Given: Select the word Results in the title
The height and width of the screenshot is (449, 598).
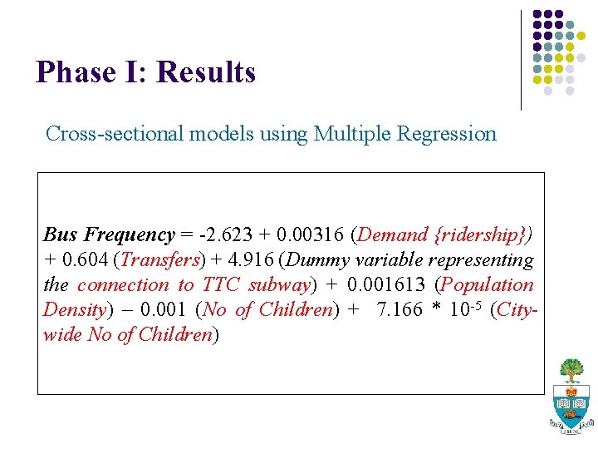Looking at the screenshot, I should pyautogui.click(x=206, y=72).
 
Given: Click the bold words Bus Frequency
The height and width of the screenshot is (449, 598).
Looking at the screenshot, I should pyautogui.click(x=109, y=234).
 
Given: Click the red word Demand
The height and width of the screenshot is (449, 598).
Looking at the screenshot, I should pyautogui.click(x=388, y=234).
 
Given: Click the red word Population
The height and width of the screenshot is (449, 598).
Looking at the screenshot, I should pyautogui.click(x=488, y=284).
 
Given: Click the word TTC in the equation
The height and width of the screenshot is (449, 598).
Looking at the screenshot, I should pyautogui.click(x=222, y=284).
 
